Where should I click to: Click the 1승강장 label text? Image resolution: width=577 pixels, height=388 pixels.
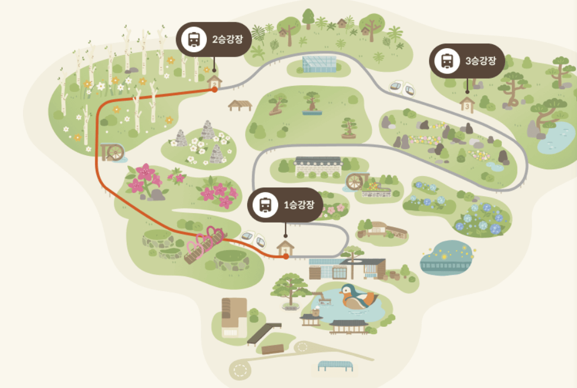point(299,205)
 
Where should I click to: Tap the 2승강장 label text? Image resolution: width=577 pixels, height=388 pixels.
point(228,39)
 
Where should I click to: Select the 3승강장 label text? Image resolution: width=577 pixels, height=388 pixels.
point(481,61)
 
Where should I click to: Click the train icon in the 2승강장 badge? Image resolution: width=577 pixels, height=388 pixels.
point(194,39)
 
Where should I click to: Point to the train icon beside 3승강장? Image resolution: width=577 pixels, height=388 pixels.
point(447,61)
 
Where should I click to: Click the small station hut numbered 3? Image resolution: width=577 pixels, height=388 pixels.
point(467,104)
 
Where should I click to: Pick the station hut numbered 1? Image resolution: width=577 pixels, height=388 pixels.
point(285,248)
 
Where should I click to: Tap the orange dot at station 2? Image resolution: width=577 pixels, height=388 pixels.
point(215,90)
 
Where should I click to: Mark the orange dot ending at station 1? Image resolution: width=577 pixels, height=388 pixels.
point(286,256)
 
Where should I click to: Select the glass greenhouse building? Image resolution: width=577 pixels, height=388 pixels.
point(320,64)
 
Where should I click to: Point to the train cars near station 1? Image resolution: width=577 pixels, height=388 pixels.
point(253,238)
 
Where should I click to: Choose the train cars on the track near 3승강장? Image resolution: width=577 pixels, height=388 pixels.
point(402,88)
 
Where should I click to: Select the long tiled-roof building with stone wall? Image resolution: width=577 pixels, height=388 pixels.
point(318,166)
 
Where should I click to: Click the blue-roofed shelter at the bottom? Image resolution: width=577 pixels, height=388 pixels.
point(335,366)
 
